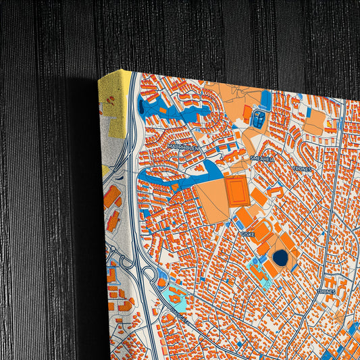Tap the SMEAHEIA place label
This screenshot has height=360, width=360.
[x=262, y=157]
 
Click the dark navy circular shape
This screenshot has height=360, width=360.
[x=280, y=257]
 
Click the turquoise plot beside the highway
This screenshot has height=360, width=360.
[x=173, y=294]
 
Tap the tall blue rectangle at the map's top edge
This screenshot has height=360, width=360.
[x=266, y=100]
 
